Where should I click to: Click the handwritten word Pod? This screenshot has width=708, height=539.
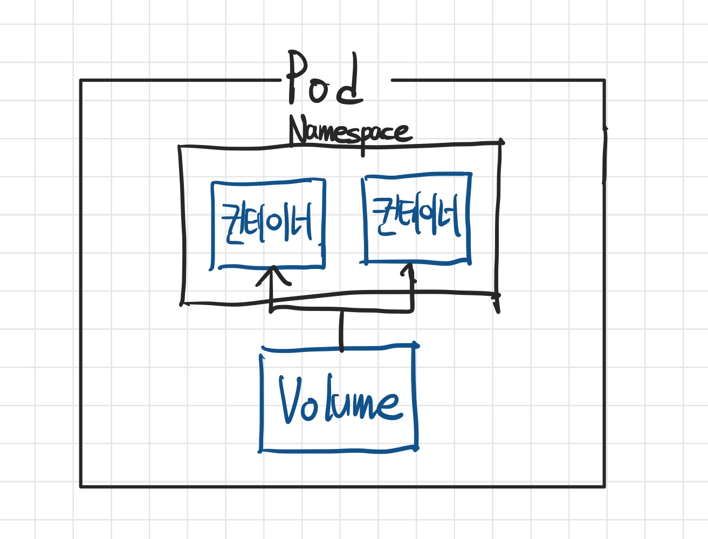click(325, 78)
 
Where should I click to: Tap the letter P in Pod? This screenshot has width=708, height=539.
click(296, 78)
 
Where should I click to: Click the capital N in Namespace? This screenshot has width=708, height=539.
click(298, 130)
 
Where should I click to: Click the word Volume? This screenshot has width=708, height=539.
click(341, 399)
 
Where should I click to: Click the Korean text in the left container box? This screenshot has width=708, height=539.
click(267, 223)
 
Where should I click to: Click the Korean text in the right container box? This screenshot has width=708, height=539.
click(416, 215)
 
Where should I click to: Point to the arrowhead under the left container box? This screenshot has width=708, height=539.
click(273, 276)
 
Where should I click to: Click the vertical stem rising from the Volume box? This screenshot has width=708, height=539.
click(341, 330)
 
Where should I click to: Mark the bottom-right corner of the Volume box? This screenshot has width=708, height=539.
click(416, 449)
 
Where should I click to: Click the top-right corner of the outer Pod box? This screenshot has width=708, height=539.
click(604, 80)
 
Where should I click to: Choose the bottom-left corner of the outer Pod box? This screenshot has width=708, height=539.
click(81, 486)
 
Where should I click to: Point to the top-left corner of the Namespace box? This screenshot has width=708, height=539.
click(180, 147)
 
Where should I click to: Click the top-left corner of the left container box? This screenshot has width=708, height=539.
click(212, 184)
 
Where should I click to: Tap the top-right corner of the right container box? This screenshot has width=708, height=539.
click(470, 175)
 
